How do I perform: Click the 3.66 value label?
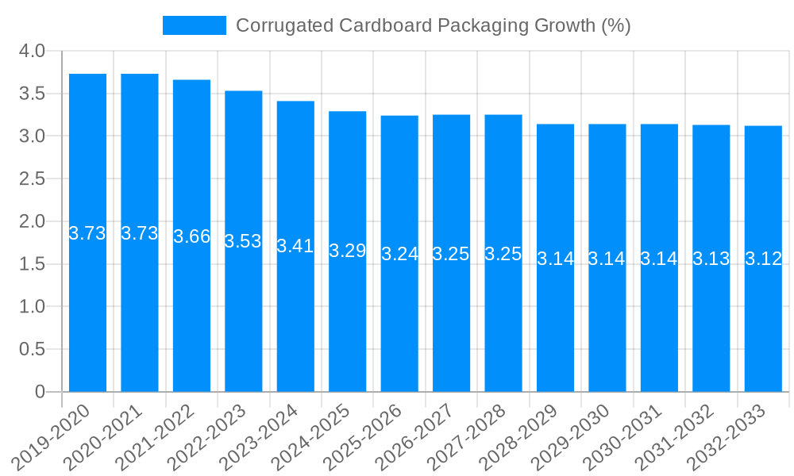(191, 236)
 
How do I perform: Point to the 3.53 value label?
(243, 241)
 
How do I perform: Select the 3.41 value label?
(295, 246)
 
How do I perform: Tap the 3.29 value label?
(347, 251)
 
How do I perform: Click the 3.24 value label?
(399, 254)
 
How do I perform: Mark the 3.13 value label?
(711, 259)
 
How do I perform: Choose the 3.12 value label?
(763, 259)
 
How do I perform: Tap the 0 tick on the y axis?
(40, 392)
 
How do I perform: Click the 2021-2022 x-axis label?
(156, 437)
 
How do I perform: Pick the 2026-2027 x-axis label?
(416, 437)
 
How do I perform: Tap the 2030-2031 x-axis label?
(624, 437)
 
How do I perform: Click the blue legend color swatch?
(195, 25)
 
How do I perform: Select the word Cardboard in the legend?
(384, 25)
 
